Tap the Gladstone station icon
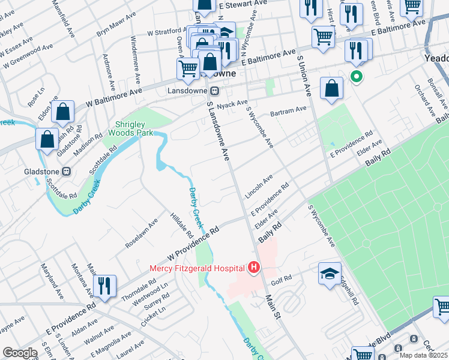coord(67,170)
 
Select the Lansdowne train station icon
coord(214,91)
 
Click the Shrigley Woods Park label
coord(131,128)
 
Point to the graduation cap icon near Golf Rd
coord(330,274)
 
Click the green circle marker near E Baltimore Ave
coord(356,76)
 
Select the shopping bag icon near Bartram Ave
coord(331,89)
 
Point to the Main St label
coord(272,306)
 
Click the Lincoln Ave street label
coord(259,187)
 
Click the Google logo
coord(20,353)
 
